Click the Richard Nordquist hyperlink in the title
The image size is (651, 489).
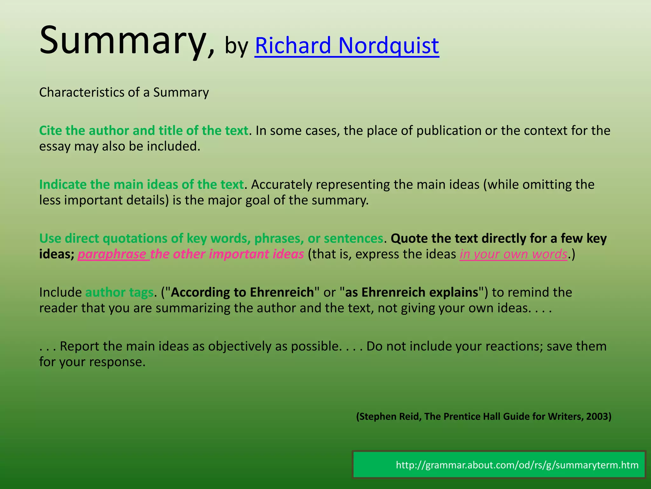346,46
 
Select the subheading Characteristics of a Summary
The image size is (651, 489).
124,92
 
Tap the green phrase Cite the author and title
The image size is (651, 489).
143,131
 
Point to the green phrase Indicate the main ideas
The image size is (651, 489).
141,185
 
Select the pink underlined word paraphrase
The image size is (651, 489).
112,254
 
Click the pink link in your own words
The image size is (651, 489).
513,254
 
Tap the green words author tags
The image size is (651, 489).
120,292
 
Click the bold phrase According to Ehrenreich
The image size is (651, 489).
242,292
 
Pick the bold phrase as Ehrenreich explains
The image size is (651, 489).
412,292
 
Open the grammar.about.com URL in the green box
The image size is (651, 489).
517,465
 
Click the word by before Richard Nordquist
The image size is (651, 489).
236,46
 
